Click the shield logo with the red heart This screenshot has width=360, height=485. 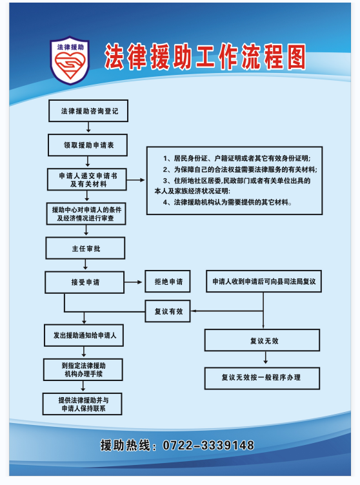pyautogui.click(x=70, y=61)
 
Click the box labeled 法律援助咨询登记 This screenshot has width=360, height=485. pyautogui.click(x=88, y=110)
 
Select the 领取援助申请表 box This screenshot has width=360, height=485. pyautogui.click(x=88, y=145)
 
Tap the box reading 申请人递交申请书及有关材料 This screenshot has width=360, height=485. pyautogui.click(x=87, y=180)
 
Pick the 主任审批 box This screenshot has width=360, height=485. pyautogui.click(x=85, y=248)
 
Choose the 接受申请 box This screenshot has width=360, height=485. pyautogui.click(x=85, y=282)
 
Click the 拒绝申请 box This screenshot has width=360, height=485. pyautogui.click(x=168, y=282)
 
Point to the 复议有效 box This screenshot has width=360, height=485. pyautogui.click(x=168, y=311)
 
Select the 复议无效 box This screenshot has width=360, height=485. pyautogui.click(x=262, y=340)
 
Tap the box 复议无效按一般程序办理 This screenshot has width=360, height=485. pyautogui.click(x=262, y=378)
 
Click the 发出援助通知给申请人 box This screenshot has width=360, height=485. pyautogui.click(x=84, y=335)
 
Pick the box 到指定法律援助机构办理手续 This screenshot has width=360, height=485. pyautogui.click(x=83, y=369)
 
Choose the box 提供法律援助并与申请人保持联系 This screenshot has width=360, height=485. pyautogui.click(x=83, y=404)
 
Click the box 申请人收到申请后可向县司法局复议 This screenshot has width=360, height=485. pyautogui.click(x=264, y=282)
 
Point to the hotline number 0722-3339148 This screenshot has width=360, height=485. pyautogui.click(x=208, y=446)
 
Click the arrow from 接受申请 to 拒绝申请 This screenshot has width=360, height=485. pyautogui.click(x=133, y=282)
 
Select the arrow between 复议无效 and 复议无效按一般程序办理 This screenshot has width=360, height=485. pyautogui.click(x=265, y=358)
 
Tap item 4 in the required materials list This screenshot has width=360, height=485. pyautogui.click(x=228, y=202)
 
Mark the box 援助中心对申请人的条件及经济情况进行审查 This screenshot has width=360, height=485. pyautogui.click(x=86, y=214)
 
